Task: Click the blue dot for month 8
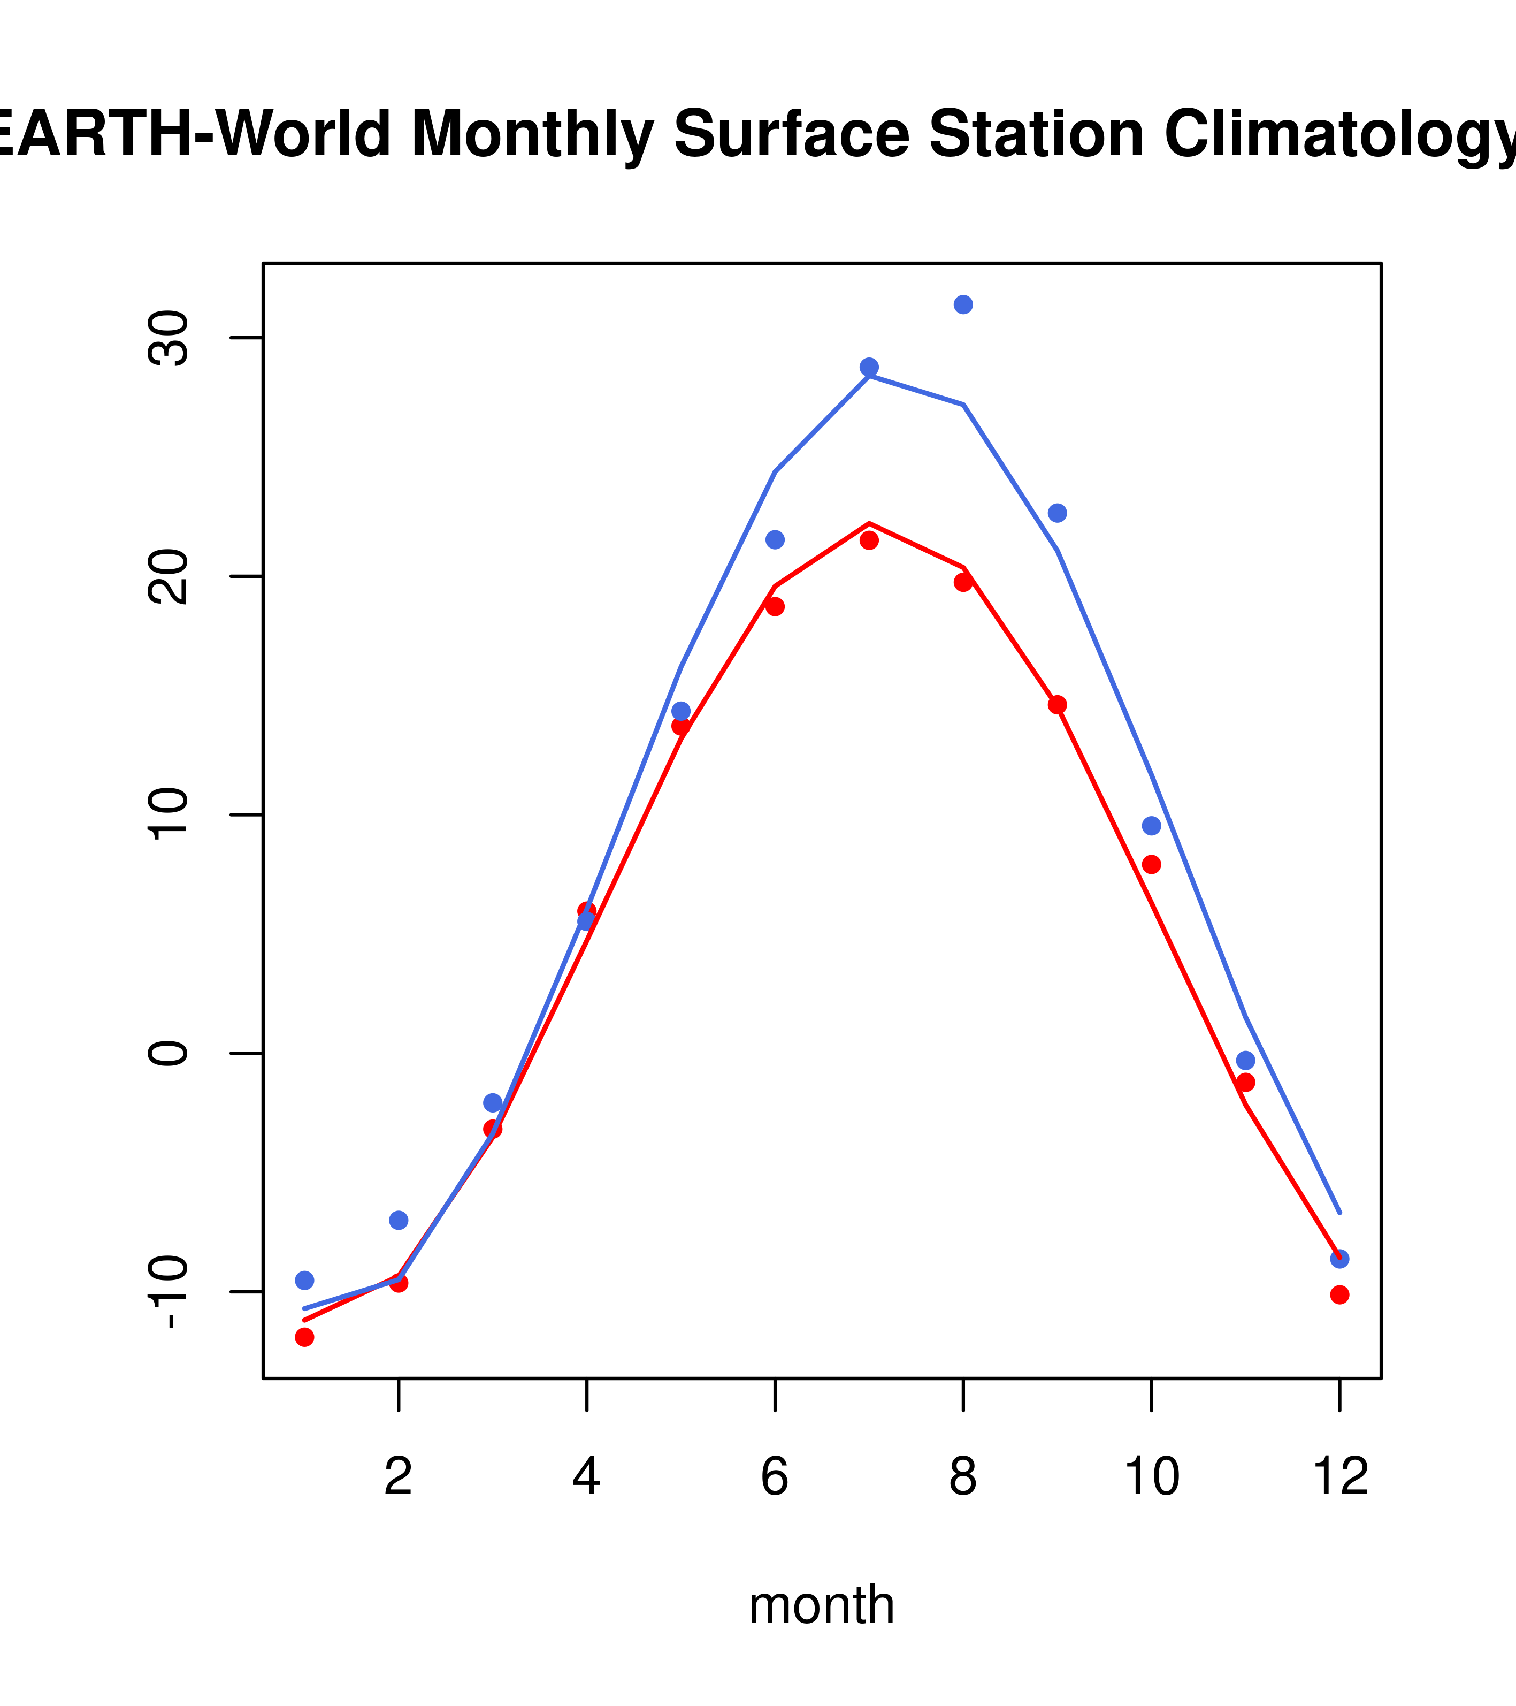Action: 963,304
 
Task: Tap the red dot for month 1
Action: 304,1337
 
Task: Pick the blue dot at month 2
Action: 399,1220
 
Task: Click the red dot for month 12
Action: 1339,1294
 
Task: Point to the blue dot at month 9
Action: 1057,513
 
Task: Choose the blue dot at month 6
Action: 775,539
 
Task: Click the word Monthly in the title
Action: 532,134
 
